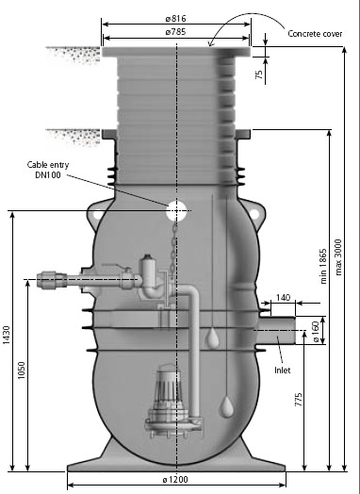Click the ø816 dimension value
coord(175,19)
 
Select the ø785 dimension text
coord(175,32)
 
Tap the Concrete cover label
coord(315,34)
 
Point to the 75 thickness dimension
coord(259,74)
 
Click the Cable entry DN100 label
coord(48,170)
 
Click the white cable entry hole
coord(176,210)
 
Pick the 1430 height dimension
coord(7,335)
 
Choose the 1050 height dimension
coord(21,370)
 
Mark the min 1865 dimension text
coord(323,267)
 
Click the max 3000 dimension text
coord(338,257)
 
